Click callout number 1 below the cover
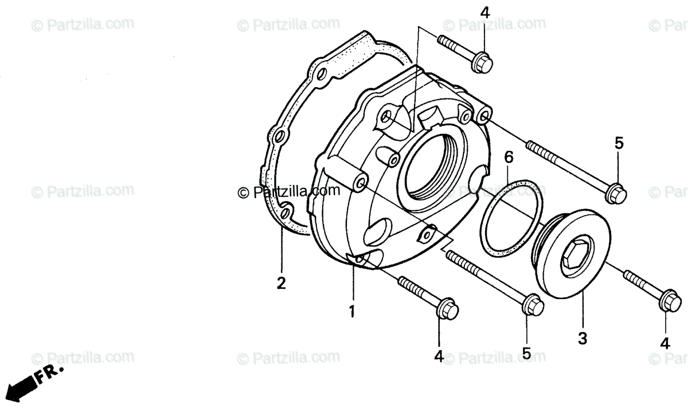click(352, 312)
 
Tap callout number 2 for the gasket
click(281, 283)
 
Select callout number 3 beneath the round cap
click(583, 339)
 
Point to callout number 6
click(509, 156)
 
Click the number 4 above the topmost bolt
click(485, 13)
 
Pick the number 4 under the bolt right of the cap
click(665, 344)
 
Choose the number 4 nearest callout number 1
click(439, 356)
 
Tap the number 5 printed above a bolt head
click(619, 143)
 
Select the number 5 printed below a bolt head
click(527, 353)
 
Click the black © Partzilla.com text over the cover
click(289, 192)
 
